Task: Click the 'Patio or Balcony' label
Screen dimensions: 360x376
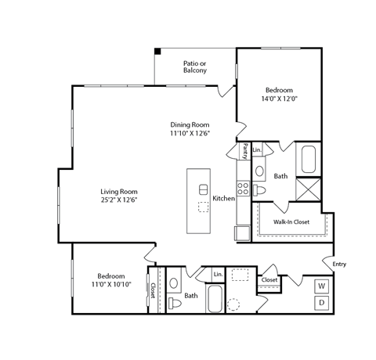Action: click(195, 67)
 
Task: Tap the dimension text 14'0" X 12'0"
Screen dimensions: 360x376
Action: click(279, 99)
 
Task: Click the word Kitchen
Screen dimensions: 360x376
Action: click(224, 199)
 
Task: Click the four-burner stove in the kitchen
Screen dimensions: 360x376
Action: click(243, 188)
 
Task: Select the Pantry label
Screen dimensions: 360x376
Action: click(245, 150)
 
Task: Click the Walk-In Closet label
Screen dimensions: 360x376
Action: click(291, 222)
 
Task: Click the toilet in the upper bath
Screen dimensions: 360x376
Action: click(260, 189)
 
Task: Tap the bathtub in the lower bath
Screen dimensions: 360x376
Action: click(215, 299)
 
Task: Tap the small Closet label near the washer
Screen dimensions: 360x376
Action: click(269, 279)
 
